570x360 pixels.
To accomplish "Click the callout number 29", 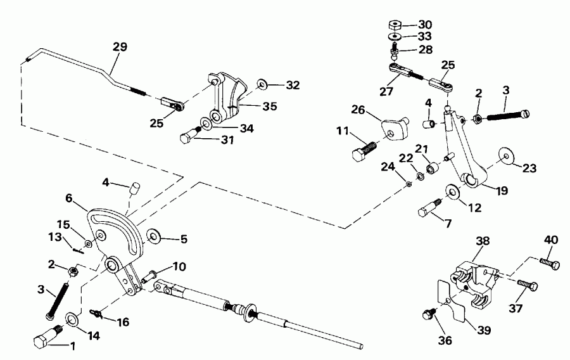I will (119, 47).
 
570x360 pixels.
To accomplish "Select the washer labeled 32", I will (262, 84).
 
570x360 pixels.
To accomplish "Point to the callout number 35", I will (252, 106).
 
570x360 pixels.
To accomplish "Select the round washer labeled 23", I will (505, 155).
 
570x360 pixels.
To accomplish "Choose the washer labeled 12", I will (453, 190).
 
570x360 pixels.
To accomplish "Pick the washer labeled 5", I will (154, 238).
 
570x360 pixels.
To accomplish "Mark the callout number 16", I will (122, 323).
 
